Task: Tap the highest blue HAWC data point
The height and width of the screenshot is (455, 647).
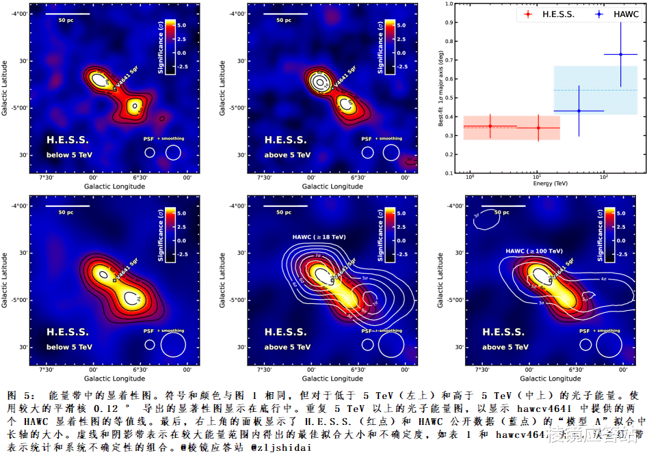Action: click(621, 54)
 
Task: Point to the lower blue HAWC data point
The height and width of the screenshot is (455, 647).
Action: click(579, 111)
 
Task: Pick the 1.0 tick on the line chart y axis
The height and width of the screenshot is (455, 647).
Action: click(451, 4)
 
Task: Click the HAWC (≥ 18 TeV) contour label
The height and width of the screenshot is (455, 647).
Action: click(319, 237)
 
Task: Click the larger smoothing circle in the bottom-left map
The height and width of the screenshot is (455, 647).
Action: click(173, 344)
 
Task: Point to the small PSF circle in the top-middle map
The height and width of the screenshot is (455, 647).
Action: click(368, 152)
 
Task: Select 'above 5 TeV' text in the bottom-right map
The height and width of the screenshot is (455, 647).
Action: click(505, 347)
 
